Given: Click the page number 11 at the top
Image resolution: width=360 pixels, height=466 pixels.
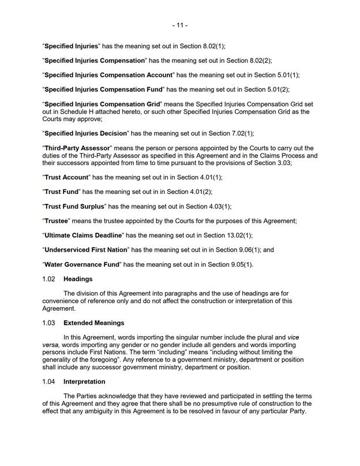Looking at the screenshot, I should [179, 25].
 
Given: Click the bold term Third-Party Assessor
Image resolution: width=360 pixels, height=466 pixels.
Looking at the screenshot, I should [78, 148].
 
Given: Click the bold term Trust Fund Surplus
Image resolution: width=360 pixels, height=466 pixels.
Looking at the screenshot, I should [75, 206].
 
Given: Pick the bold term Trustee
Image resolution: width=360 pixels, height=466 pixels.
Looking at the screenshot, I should [57, 221].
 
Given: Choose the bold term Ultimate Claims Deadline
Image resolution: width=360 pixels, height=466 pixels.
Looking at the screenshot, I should [83, 236].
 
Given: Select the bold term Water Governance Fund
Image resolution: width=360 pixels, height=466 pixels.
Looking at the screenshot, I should [81, 264].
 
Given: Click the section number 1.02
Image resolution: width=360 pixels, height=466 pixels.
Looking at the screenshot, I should [49, 279].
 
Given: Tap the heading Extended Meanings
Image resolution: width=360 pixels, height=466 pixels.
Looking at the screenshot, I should [93, 323].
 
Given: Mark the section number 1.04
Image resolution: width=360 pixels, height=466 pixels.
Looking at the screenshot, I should [49, 382].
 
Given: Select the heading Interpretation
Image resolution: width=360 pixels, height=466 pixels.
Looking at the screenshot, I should [84, 382].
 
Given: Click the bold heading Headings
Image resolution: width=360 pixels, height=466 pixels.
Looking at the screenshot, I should [78, 279].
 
